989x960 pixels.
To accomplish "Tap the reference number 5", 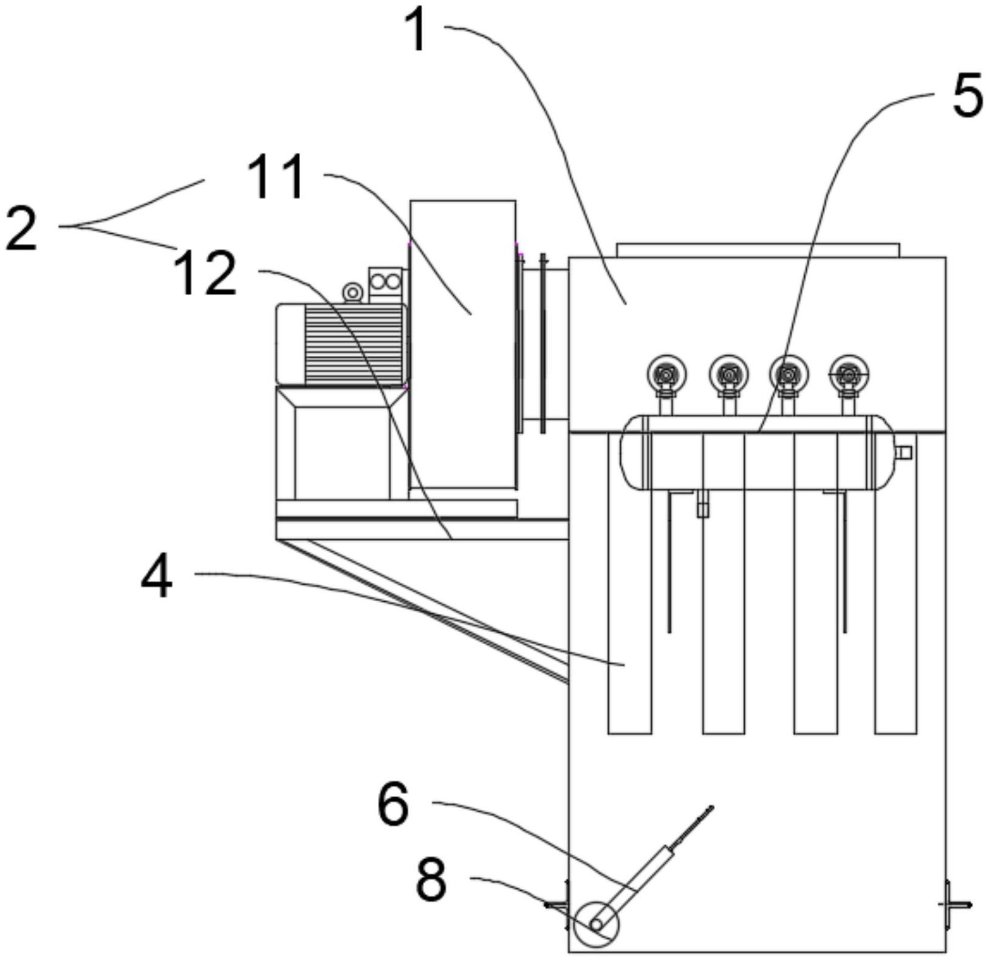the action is click(x=967, y=96).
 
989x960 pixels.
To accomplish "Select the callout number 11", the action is click(x=276, y=177).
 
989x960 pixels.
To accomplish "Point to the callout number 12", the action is click(x=205, y=274).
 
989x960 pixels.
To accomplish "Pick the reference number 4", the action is click(x=157, y=577).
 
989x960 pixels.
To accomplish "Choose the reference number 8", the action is click(x=431, y=879).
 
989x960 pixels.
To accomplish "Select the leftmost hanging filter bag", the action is click(x=629, y=583).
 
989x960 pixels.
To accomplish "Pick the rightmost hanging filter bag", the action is click(x=895, y=583).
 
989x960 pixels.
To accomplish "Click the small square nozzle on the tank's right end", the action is click(x=904, y=452).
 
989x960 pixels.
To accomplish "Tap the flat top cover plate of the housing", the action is click(x=758, y=250).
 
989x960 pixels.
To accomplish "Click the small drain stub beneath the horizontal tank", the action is click(x=703, y=503).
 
